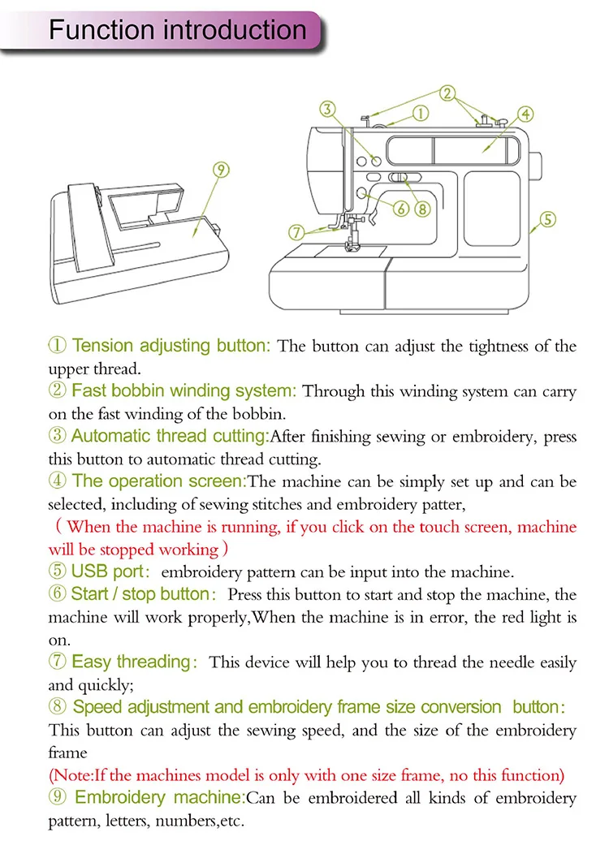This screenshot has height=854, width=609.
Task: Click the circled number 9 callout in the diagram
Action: (x=221, y=170)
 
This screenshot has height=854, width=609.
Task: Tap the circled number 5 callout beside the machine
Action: (x=548, y=218)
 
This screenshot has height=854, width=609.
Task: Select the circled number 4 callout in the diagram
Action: (x=525, y=114)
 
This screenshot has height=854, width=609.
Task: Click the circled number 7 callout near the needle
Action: (x=297, y=231)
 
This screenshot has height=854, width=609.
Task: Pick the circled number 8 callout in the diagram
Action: (x=421, y=209)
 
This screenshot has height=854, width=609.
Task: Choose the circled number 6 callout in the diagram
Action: (x=401, y=209)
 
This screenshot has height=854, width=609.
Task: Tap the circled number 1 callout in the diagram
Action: (x=421, y=114)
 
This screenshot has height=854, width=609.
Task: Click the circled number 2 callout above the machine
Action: (x=447, y=93)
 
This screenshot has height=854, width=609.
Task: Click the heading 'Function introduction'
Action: (x=178, y=31)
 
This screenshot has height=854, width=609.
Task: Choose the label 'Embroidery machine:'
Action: (x=159, y=797)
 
